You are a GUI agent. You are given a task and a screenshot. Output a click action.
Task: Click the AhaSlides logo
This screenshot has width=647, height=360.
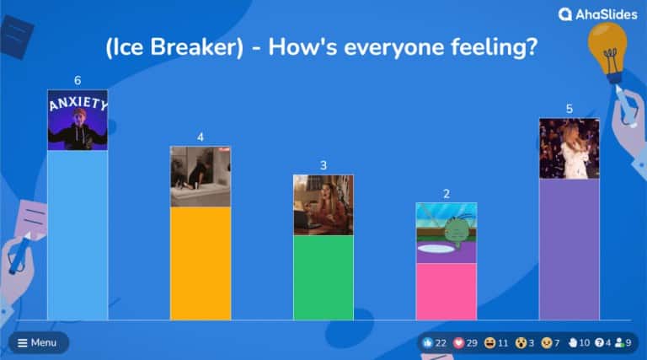[597, 13]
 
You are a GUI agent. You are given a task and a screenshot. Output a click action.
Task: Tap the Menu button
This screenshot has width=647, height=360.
[37, 342]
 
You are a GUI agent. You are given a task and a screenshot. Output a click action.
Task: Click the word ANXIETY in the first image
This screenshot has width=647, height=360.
[78, 104]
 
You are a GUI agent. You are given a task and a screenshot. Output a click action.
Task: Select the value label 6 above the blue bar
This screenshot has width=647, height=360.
[78, 81]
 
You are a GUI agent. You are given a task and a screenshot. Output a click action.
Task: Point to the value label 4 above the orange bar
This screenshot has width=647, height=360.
[201, 137]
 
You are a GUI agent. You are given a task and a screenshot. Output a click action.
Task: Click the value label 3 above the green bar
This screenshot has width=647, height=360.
[323, 165]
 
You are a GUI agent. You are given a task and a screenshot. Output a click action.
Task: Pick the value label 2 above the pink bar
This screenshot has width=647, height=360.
[446, 193]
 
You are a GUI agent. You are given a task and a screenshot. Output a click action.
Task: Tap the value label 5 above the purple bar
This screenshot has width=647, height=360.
[569, 109]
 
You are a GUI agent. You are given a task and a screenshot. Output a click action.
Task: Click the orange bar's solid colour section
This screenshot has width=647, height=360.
[201, 263]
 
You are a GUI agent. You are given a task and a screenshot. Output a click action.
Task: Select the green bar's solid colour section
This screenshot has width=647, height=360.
[323, 277]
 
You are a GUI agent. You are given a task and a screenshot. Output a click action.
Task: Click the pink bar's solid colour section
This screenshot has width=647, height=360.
[446, 292]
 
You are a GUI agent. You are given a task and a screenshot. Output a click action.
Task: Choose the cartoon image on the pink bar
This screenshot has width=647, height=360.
[446, 233]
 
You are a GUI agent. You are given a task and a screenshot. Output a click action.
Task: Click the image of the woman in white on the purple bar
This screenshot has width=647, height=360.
[569, 148]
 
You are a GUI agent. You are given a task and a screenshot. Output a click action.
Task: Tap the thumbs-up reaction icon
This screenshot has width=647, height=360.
[428, 343]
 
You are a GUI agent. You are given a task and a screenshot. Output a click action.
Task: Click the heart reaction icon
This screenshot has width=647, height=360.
[459, 343]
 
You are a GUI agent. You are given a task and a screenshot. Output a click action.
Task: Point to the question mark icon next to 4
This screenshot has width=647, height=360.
[599, 343]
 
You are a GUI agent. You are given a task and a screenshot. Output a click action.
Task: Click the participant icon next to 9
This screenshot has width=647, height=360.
[620, 343]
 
